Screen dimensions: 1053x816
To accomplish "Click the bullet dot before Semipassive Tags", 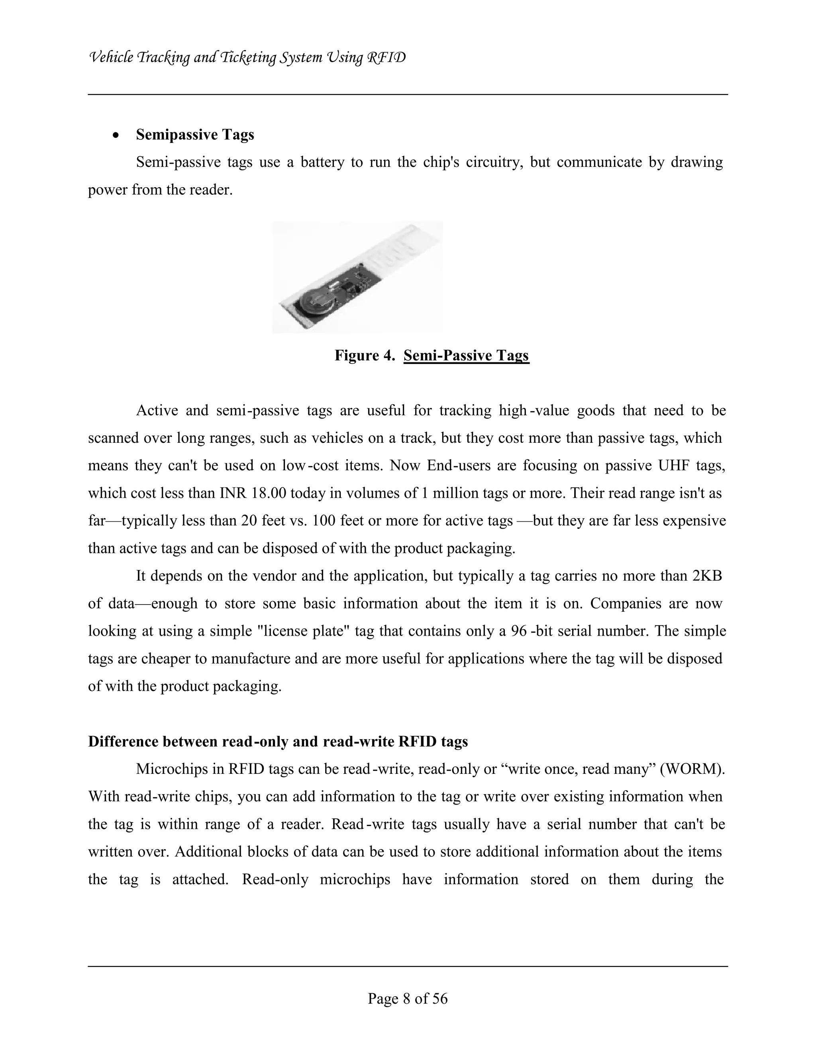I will click(x=116, y=136).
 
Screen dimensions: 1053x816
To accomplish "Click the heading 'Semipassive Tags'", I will click(x=195, y=135).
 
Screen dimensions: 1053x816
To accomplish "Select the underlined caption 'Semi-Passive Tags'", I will click(x=466, y=355).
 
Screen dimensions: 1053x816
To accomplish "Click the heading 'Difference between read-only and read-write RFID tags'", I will click(x=278, y=742).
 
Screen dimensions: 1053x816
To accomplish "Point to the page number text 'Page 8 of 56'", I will click(x=408, y=998).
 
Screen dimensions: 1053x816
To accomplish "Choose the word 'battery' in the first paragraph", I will click(x=322, y=162).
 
